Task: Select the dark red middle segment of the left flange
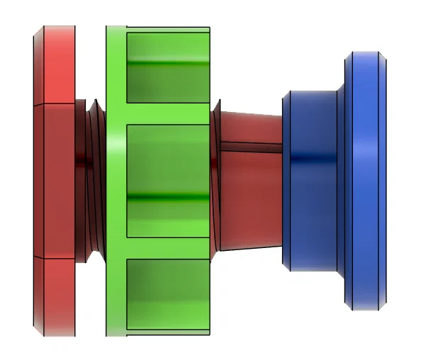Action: pos(55,180)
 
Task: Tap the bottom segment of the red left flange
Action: pos(55,294)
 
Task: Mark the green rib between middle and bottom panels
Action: pos(167,247)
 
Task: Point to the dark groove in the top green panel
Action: pos(167,64)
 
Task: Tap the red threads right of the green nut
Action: pos(215,177)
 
